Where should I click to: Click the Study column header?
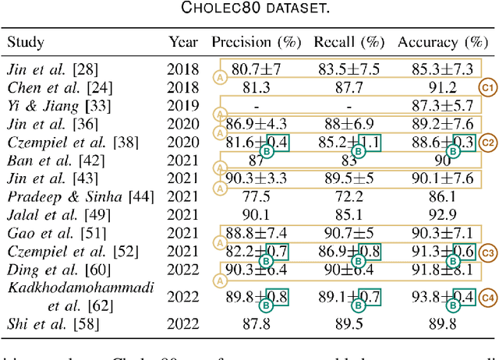(26, 41)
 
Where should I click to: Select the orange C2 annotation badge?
(487, 143)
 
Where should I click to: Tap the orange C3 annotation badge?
(487, 252)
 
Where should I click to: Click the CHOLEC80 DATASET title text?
(249, 9)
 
